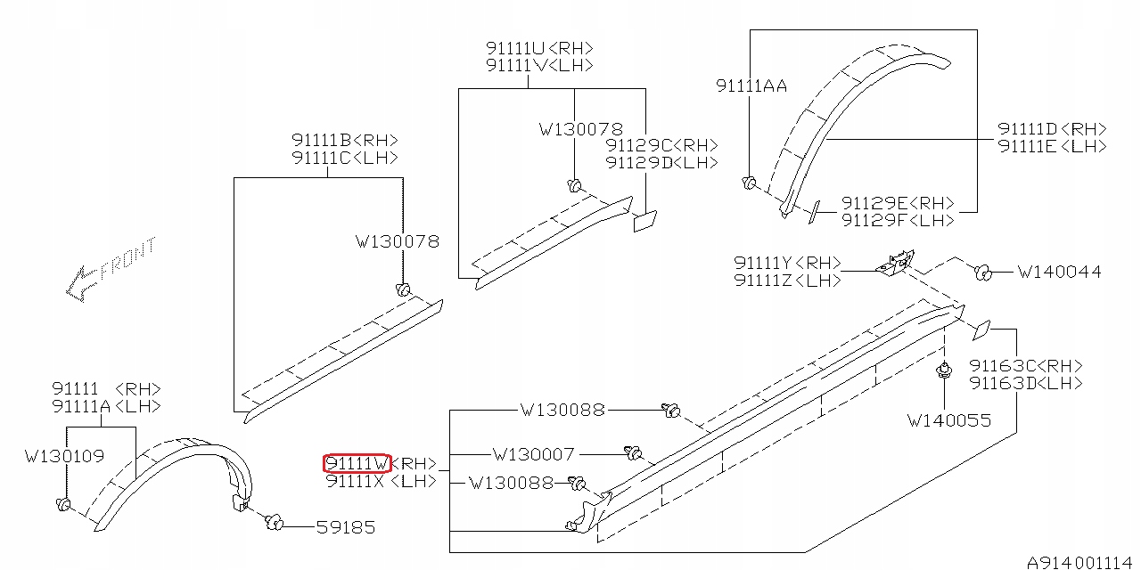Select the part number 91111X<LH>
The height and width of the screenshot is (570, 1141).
pyautogui.click(x=381, y=481)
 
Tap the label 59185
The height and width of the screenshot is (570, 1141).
pyautogui.click(x=346, y=527)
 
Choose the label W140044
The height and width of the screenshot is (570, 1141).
pyautogui.click(x=1059, y=272)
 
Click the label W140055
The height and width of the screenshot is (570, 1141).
pyautogui.click(x=948, y=419)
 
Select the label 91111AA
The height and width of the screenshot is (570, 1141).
pyautogui.click(x=751, y=85)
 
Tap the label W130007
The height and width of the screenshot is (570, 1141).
pyautogui.click(x=534, y=454)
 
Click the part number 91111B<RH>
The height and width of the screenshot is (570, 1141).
pyautogui.click(x=344, y=140)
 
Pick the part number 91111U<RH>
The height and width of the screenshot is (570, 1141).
pyautogui.click(x=539, y=48)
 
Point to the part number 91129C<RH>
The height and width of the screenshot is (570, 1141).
pyautogui.click(x=661, y=145)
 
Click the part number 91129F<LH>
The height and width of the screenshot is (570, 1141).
pyautogui.click(x=898, y=220)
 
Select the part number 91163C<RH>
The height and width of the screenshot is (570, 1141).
pyautogui.click(x=1026, y=366)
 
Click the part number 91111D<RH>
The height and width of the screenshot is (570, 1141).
pyautogui.click(x=1052, y=129)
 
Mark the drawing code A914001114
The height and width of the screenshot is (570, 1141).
pyautogui.click(x=1081, y=562)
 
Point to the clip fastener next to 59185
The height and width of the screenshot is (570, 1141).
pyautogui.click(x=274, y=521)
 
